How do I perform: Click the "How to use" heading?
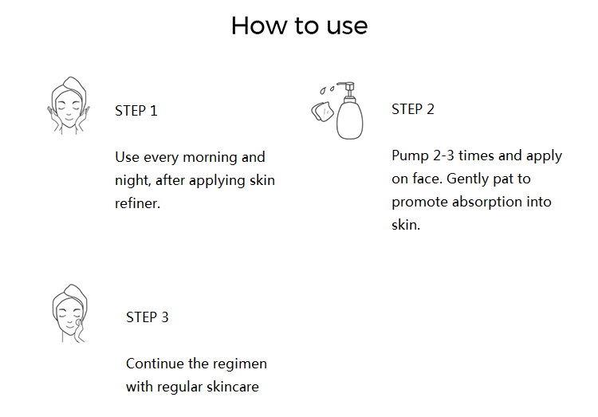pyautogui.click(x=299, y=26)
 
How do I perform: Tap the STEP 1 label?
pyautogui.click(x=136, y=111)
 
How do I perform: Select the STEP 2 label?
pyautogui.click(x=413, y=109)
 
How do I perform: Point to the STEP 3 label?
pyautogui.click(x=148, y=317)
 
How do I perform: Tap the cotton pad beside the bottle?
pyautogui.click(x=321, y=112)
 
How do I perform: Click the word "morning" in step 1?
pyautogui.click(x=210, y=157)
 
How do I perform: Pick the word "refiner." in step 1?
pyautogui.click(x=138, y=203)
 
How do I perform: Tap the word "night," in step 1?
pyautogui.click(x=133, y=180)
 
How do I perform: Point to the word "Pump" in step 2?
pyautogui.click(x=410, y=155)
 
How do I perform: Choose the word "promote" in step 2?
pyautogui.click(x=419, y=203)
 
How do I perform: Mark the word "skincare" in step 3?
pyautogui.click(x=232, y=387)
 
